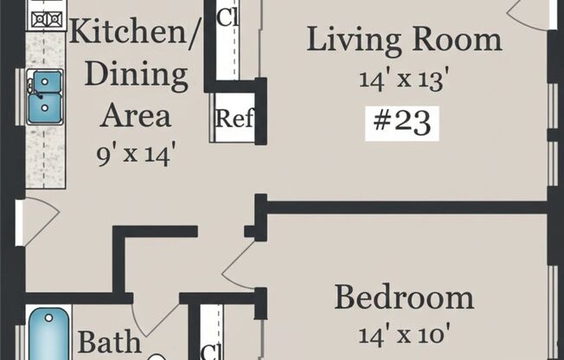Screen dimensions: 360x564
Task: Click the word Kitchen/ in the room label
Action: pos(135,35)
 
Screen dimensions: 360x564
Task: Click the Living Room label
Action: pos(404,40)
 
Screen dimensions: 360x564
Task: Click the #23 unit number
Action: pos(403,123)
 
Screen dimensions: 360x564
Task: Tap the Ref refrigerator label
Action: pos(234,119)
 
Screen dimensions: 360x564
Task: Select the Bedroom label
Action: pos(404,299)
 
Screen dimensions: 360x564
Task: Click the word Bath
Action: pos(109,342)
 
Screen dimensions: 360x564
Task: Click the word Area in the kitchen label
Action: pos(136,115)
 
